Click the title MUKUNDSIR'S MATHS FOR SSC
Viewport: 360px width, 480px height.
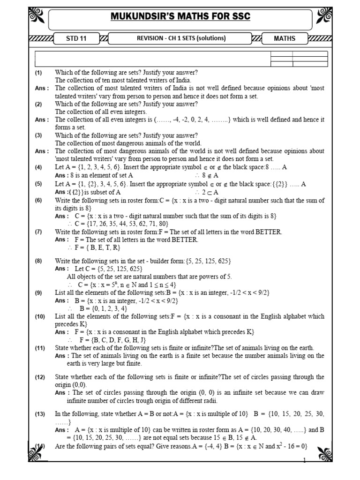click(x=180, y=17)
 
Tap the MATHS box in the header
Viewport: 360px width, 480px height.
click(x=285, y=38)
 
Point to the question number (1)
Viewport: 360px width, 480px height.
click(x=38, y=73)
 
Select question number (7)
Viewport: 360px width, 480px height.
click(x=38, y=232)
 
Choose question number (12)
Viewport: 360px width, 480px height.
click(x=39, y=377)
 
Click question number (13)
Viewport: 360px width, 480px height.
click(x=39, y=414)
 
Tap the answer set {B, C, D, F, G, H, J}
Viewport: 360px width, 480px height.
click(x=114, y=339)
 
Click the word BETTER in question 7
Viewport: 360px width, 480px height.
click(x=266, y=232)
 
